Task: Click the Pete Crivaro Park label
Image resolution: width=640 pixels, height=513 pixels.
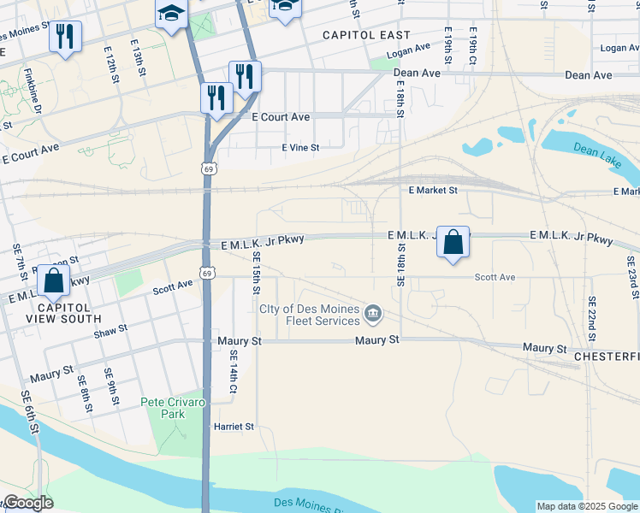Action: click(x=174, y=408)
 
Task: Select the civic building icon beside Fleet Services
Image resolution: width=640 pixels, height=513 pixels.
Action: click(x=373, y=315)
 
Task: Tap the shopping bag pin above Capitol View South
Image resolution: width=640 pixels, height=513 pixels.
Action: click(x=54, y=280)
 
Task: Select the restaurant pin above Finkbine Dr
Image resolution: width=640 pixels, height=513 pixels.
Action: click(x=65, y=37)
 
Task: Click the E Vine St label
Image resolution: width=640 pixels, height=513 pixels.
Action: click(x=300, y=148)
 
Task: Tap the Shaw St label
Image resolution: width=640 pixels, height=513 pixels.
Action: click(x=110, y=331)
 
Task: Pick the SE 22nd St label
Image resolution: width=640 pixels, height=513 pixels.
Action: click(x=591, y=317)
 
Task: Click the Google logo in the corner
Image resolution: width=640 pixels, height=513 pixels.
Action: click(x=27, y=503)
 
